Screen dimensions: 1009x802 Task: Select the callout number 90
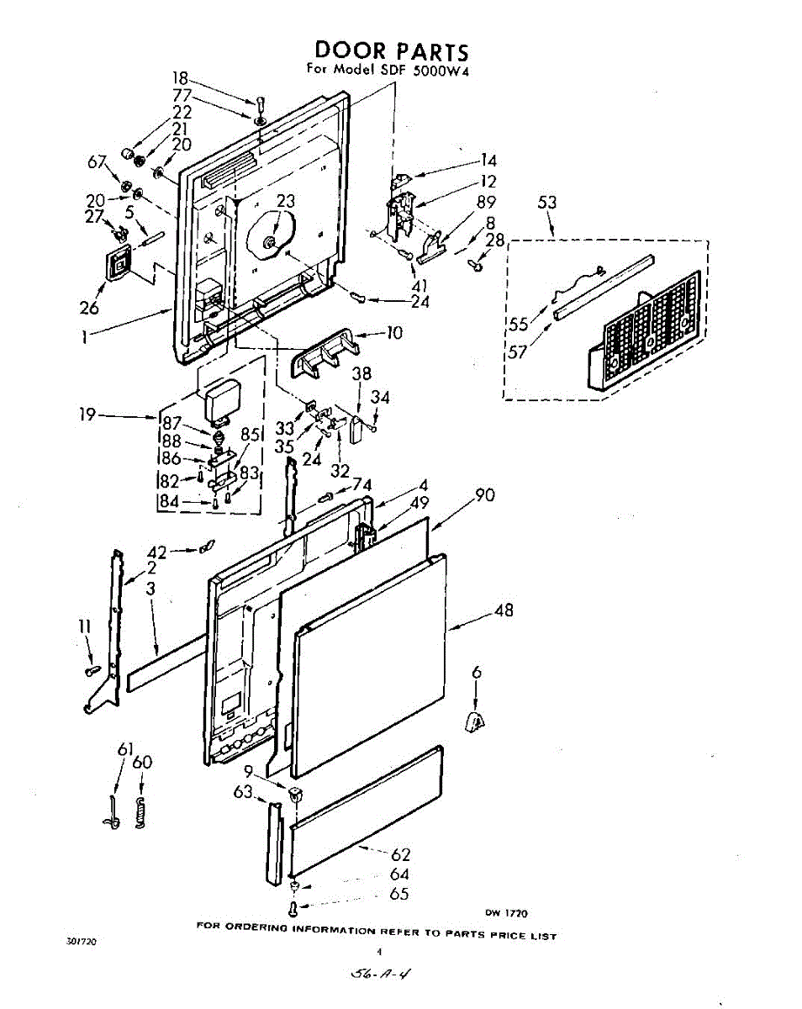(x=485, y=495)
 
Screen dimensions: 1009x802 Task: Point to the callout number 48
(x=504, y=610)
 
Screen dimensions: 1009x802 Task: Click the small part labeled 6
(x=476, y=720)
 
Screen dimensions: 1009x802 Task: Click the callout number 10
(x=393, y=333)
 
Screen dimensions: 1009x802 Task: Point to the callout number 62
(x=401, y=855)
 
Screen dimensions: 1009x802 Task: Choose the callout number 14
(x=488, y=161)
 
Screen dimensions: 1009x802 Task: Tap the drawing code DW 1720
(x=506, y=913)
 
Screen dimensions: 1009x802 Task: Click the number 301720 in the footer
(x=81, y=942)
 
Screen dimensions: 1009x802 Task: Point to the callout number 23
(x=286, y=202)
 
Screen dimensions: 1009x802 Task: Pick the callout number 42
(x=156, y=552)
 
